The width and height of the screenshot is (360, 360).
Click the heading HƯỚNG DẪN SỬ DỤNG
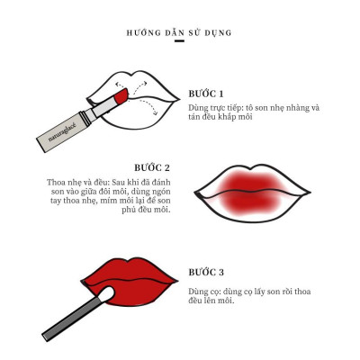point(179,32)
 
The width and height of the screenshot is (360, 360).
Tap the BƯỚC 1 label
point(206,94)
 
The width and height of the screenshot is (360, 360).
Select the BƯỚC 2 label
point(152,168)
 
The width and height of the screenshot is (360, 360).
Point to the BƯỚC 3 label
point(206,272)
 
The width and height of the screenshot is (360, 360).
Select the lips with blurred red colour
point(240,188)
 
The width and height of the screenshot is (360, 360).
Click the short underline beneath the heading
point(179,41)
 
